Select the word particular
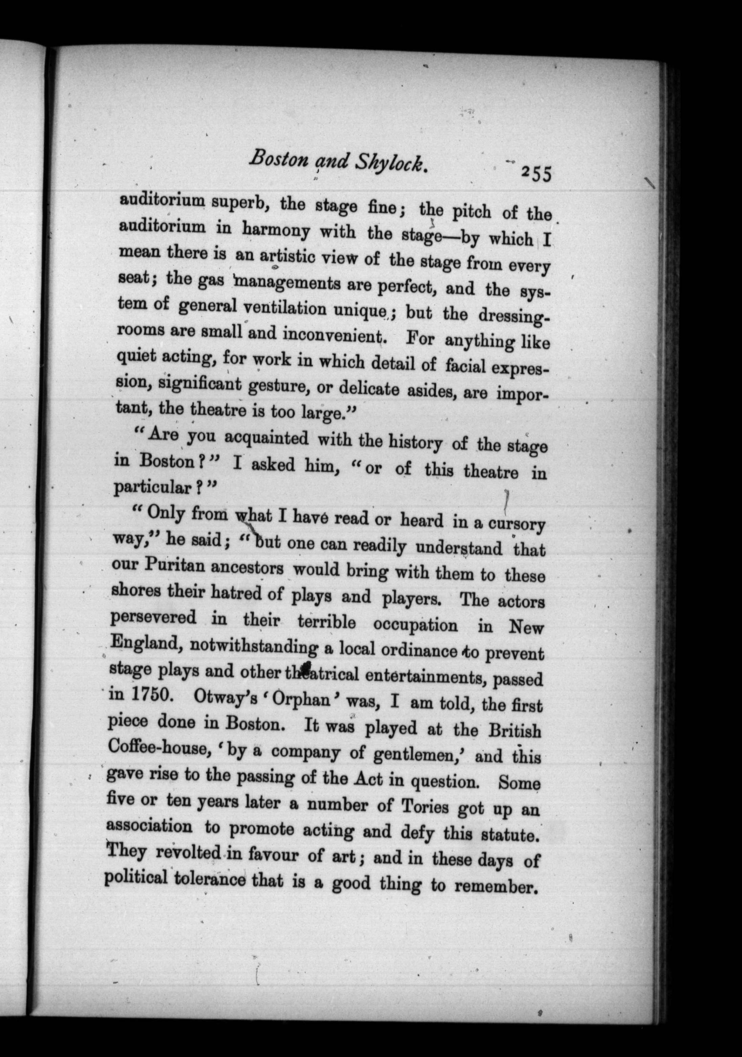[x=151, y=488]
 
